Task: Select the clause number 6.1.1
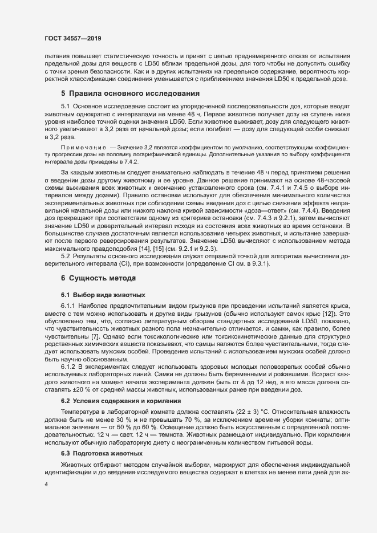(x=68, y=306)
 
